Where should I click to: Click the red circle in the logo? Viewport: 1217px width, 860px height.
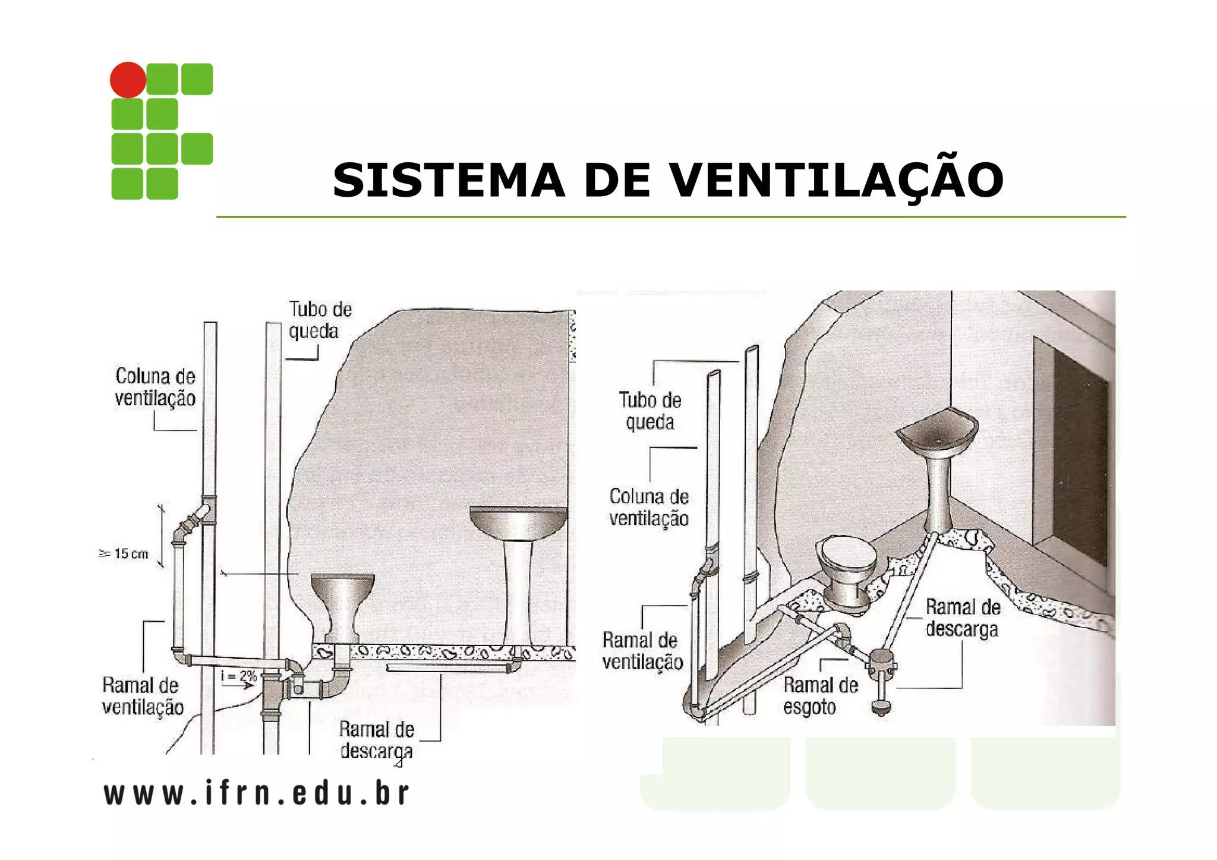128,80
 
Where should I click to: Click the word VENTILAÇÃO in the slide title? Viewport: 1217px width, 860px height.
836,180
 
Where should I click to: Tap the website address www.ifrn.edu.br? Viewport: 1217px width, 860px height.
257,793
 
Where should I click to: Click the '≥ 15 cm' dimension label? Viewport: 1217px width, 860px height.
124,554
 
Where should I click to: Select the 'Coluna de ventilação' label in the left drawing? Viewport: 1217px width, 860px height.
155,387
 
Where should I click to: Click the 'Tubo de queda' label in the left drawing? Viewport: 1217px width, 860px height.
320,320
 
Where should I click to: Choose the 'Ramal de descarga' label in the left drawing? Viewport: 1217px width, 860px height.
376,740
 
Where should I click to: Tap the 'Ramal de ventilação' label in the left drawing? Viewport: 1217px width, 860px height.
142,696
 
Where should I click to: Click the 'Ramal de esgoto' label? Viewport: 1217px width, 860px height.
820,696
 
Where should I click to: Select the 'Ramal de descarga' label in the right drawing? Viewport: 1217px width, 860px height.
963,618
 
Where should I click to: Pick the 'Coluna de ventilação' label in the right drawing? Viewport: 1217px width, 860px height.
649,507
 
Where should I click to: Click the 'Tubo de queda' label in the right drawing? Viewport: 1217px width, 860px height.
650,411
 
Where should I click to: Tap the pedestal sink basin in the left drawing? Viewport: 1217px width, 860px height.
518,522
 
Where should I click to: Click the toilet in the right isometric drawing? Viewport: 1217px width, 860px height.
848,571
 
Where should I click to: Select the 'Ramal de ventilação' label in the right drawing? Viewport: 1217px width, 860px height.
642,651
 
